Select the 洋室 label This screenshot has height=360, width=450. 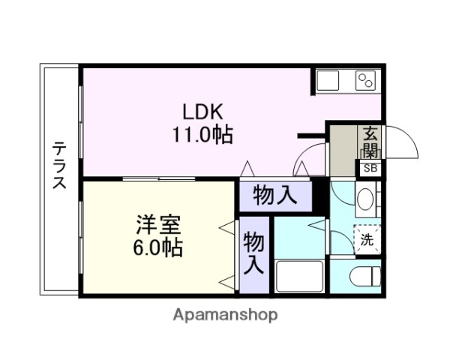coord(157,223)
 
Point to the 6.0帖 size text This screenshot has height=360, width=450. coord(157,247)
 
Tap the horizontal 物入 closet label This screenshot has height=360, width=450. coord(275,196)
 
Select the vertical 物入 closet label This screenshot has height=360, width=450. coord(254,253)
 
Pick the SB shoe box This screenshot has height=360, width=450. coord(370,168)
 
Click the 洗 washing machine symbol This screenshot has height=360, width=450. coord(367,240)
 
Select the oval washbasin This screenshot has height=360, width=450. coord(366,200)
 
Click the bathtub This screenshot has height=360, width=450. coord(299,276)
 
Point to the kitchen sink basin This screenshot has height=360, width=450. coord(329,80)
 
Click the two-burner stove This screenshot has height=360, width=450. coord(365,80)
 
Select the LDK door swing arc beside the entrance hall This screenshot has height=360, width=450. coord(309,161)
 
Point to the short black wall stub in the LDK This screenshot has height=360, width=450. coord(310,136)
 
